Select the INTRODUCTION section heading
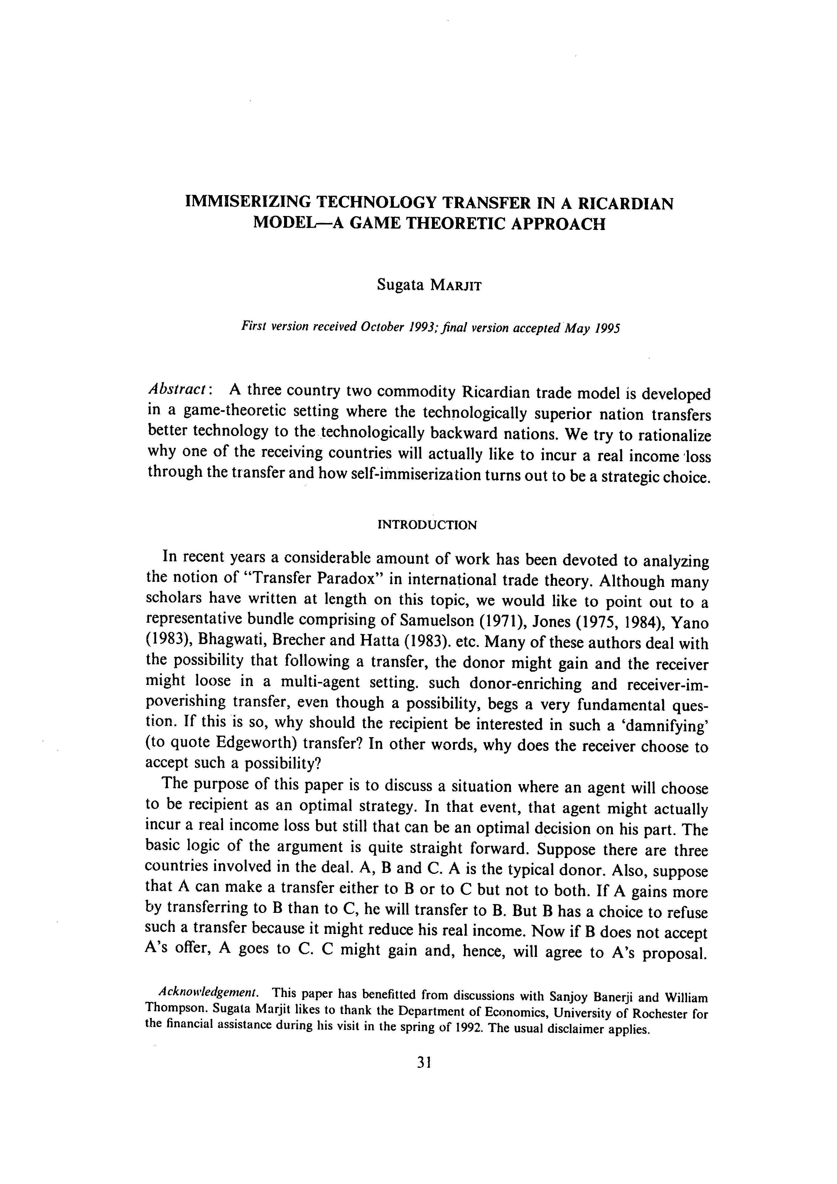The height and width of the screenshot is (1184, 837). [x=428, y=525]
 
